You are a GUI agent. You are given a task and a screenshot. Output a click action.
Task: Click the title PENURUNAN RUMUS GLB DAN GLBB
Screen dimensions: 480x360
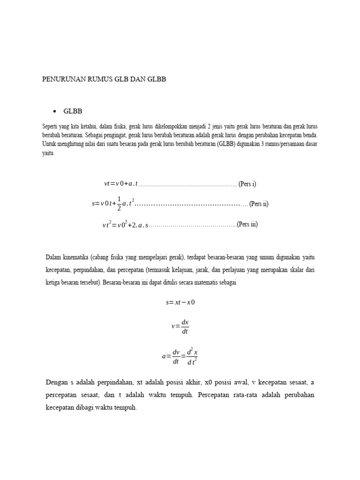pyautogui.click(x=104, y=80)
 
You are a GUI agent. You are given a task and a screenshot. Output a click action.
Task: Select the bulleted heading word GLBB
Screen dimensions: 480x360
pyautogui.click(x=73, y=111)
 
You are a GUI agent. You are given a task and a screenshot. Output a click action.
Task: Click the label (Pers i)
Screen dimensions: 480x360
pyautogui.click(x=247, y=184)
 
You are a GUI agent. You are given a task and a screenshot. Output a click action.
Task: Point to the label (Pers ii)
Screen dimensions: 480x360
pyautogui.click(x=259, y=204)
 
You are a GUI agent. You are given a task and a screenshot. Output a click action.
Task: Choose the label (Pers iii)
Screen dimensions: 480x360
pyautogui.click(x=247, y=224)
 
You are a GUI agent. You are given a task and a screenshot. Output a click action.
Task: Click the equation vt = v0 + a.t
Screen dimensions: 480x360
pyautogui.click(x=121, y=184)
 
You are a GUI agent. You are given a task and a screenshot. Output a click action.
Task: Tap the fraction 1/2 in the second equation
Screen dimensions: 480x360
pyautogui.click(x=119, y=204)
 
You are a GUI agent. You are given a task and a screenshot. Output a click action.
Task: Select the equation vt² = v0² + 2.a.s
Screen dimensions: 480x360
pyautogui.click(x=125, y=225)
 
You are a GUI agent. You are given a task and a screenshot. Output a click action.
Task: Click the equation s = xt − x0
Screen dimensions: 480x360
pyautogui.click(x=180, y=302)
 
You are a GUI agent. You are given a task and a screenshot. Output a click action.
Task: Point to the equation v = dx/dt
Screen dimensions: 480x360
pyautogui.click(x=180, y=327)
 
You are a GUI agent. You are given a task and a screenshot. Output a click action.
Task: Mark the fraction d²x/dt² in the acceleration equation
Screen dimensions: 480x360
pyautogui.click(x=192, y=356)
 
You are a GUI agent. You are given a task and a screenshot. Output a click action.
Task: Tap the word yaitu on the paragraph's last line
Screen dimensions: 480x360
pyautogui.click(x=48, y=152)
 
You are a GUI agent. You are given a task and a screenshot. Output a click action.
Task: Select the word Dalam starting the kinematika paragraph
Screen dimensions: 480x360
pyautogui.click(x=54, y=257)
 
